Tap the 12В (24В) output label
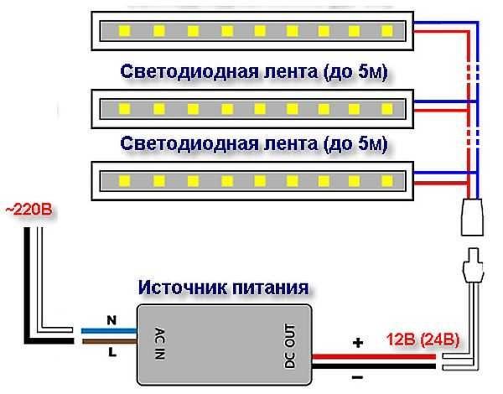[x=423, y=340]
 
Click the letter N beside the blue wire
[x=110, y=319]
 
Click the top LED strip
[x=252, y=32]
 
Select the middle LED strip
[x=252, y=107]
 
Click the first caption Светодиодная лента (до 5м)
[x=257, y=70]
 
